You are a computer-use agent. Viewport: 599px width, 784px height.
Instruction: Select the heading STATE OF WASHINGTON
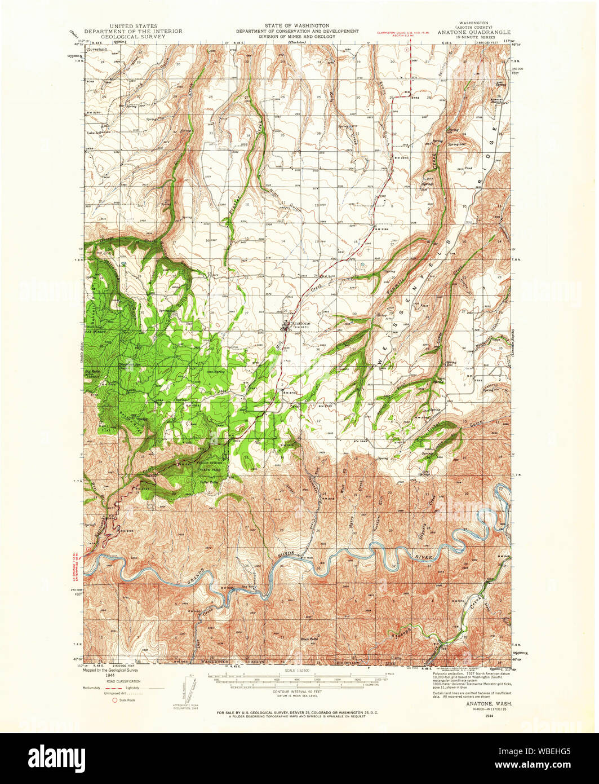297,26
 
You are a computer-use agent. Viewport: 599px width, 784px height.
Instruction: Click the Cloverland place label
97,50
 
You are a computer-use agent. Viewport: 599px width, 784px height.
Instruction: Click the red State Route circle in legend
116,700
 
